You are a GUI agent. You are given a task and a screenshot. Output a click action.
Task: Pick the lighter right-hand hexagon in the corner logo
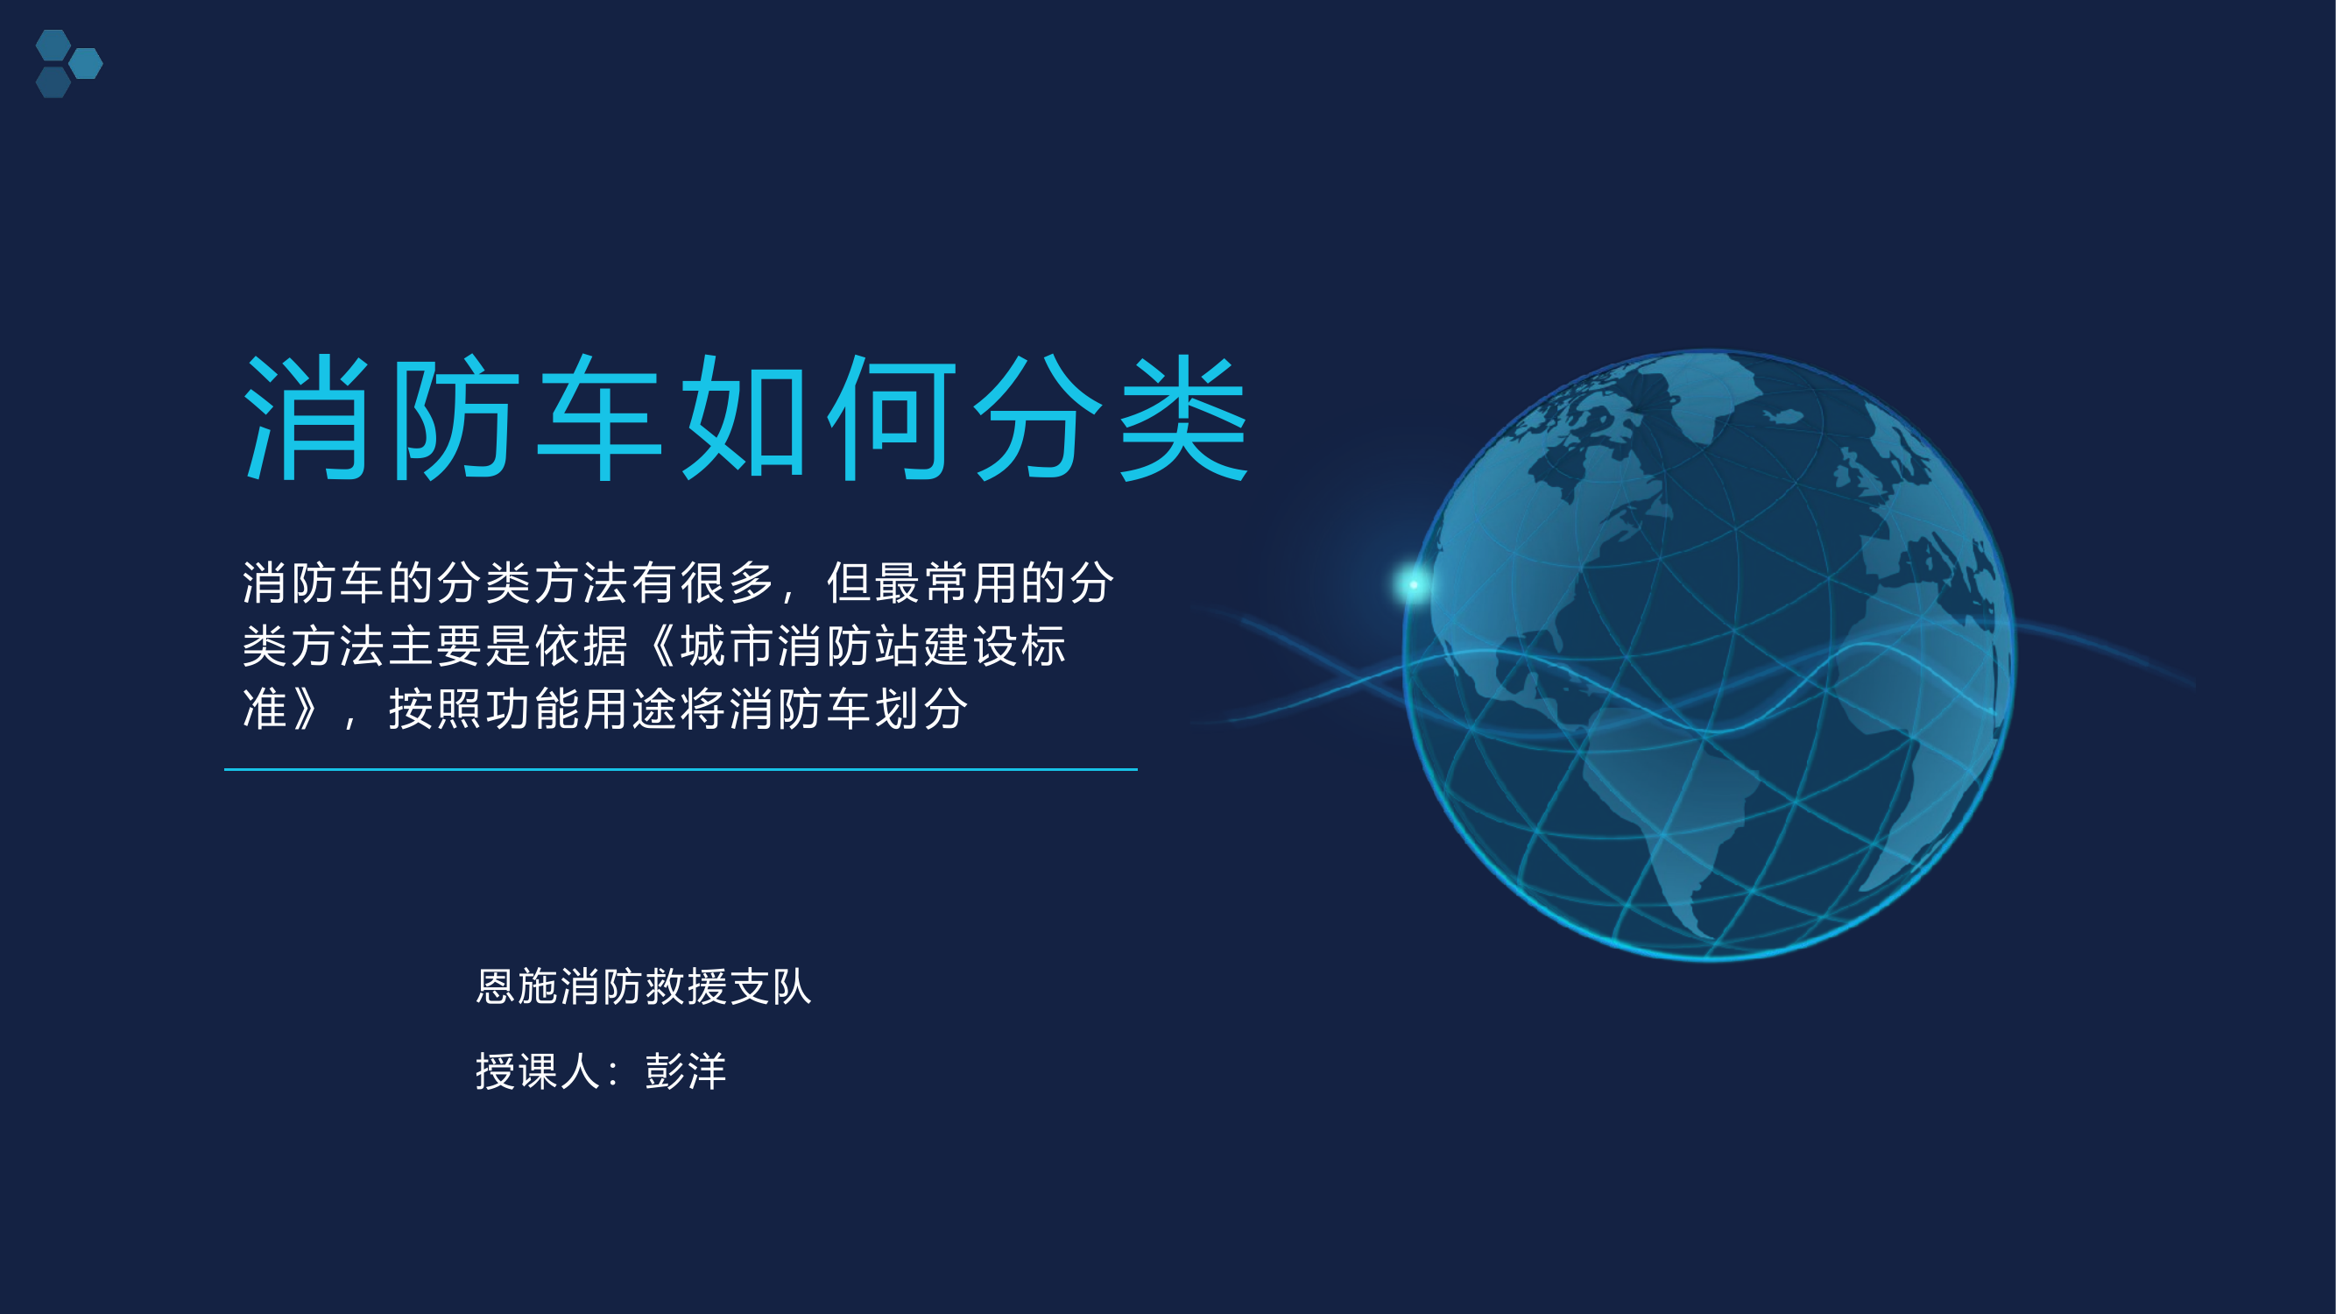pyautogui.click(x=86, y=63)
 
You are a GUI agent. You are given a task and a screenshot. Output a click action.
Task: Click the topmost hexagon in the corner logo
pyautogui.click(x=53, y=45)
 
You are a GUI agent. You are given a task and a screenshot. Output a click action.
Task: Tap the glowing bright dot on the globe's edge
pyautogui.click(x=1413, y=584)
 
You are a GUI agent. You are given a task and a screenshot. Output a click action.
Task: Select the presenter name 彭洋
pyautogui.click(x=686, y=1071)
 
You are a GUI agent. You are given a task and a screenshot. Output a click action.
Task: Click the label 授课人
pyautogui.click(x=538, y=1071)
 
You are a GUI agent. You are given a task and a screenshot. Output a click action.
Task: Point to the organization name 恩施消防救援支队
pyautogui.click(x=644, y=986)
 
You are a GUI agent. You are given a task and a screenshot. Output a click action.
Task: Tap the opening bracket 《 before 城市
pyautogui.click(x=660, y=646)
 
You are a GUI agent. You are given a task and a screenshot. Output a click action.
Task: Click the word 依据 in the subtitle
pyautogui.click(x=582, y=646)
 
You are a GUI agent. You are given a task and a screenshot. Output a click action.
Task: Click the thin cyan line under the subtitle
pyautogui.click(x=680, y=769)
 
